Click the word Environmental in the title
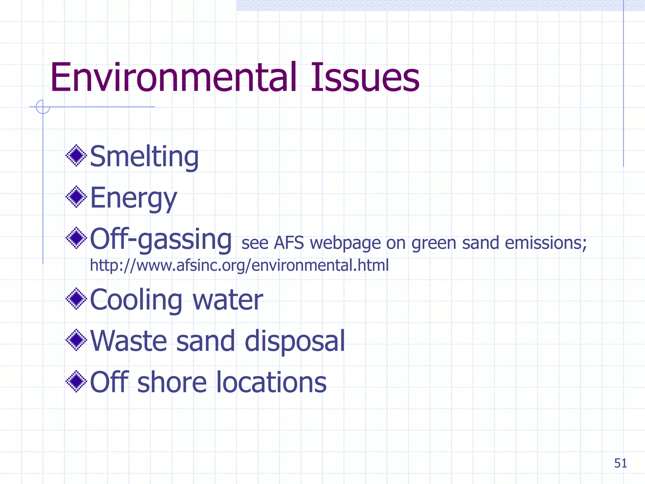tap(174, 78)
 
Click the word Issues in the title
tap(365, 78)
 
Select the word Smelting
tap(144, 157)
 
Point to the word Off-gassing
tap(161, 239)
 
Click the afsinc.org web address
tap(239, 265)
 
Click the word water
tap(228, 300)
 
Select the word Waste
tap(128, 341)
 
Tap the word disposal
tap(295, 341)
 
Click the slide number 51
tap(620, 463)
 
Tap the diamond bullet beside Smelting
tap(76, 155)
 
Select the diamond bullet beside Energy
tap(76, 197)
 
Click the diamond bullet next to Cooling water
tap(76, 299)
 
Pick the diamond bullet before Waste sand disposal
tap(76, 340)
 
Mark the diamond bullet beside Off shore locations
tap(76, 381)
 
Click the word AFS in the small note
tap(289, 243)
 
